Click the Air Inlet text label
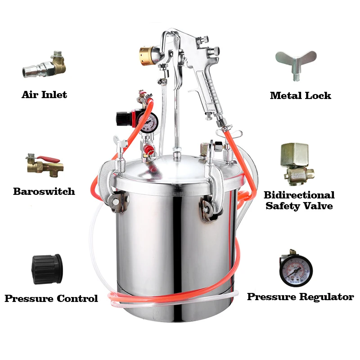point(44,95)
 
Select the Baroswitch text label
point(44,192)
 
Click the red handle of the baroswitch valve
point(48,159)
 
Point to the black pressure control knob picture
point(47,269)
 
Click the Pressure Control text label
point(51,298)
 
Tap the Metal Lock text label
point(300,95)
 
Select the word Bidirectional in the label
point(299,195)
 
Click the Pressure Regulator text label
point(300,297)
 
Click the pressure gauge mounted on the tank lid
point(148,122)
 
